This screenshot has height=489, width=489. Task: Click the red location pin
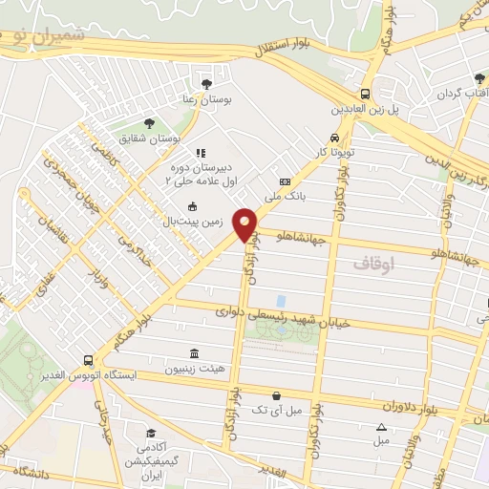246,224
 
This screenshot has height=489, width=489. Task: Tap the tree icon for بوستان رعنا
206,82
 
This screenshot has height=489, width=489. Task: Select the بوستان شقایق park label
158,139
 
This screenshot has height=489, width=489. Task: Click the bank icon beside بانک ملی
284,181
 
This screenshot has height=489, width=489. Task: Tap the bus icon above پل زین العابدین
365,94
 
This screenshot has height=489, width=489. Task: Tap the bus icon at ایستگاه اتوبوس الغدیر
88,360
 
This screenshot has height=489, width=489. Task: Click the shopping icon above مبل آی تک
276,395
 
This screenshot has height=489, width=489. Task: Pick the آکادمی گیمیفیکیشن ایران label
149,460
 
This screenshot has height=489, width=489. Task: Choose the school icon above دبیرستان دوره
200,153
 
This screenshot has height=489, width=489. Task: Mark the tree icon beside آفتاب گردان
478,79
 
